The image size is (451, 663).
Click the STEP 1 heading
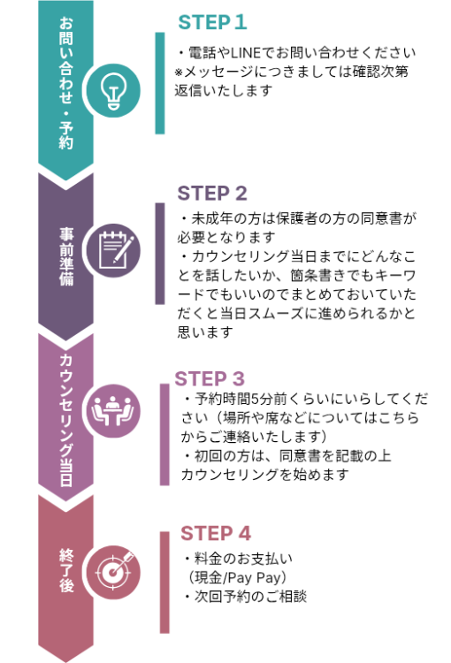(212, 22)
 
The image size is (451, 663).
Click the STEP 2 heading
(212, 194)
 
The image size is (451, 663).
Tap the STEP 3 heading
(210, 379)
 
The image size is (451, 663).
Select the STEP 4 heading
(216, 534)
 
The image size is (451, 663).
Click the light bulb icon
(113, 91)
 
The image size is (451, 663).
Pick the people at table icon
(113, 411)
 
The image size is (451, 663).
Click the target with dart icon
(114, 570)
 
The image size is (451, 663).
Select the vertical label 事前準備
(66, 257)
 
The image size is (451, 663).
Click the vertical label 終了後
(66, 570)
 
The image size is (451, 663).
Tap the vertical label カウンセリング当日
(66, 420)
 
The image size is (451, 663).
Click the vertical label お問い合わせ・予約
(66, 83)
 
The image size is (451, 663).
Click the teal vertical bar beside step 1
(160, 83)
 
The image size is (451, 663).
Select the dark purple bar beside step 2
(160, 254)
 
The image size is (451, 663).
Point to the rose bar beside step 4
(164, 583)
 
